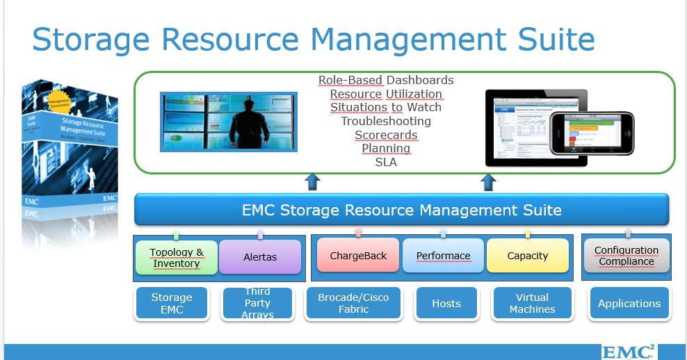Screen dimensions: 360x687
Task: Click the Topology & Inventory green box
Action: (x=177, y=257)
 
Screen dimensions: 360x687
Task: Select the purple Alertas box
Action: (x=260, y=256)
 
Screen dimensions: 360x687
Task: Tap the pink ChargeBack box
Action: (x=358, y=255)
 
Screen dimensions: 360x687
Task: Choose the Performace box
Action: (x=443, y=256)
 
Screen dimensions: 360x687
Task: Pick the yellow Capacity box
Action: (x=527, y=256)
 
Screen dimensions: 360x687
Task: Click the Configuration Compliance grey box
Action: (x=627, y=256)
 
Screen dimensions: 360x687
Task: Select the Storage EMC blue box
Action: (x=172, y=303)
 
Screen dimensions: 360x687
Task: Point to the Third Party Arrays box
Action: (x=257, y=303)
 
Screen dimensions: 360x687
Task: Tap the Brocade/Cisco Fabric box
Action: (x=353, y=303)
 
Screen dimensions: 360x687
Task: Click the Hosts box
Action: (x=446, y=303)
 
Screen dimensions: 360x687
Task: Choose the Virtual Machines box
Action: (x=532, y=303)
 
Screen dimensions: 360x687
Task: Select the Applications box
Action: (x=629, y=303)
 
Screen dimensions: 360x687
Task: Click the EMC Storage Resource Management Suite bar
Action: (x=401, y=210)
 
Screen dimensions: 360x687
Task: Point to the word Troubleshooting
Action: (x=386, y=121)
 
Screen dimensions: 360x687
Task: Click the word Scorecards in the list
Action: (x=386, y=135)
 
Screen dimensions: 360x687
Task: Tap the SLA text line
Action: (x=386, y=162)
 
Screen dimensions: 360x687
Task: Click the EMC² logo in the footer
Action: (x=627, y=351)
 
